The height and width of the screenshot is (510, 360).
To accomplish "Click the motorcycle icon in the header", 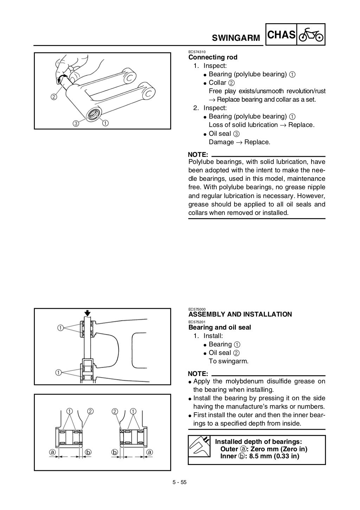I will click(x=311, y=35).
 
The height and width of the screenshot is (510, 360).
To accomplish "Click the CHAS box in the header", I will click(x=281, y=35).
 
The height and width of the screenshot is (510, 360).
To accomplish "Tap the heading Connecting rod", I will click(x=213, y=57).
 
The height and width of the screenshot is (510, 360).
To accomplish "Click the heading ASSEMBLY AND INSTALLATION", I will click(x=240, y=314).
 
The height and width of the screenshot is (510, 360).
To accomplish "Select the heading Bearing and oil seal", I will click(x=220, y=327).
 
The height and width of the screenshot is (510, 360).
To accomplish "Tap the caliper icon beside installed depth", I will click(x=199, y=449).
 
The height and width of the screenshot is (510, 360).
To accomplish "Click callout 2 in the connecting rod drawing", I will click(x=53, y=97).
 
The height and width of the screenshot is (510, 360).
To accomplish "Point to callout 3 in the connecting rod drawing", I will click(x=76, y=123).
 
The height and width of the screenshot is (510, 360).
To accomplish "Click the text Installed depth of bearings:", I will click(x=258, y=442).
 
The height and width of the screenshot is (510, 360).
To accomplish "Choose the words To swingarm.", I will click(x=229, y=361).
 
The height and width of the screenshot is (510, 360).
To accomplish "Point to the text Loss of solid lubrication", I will click(x=243, y=125).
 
